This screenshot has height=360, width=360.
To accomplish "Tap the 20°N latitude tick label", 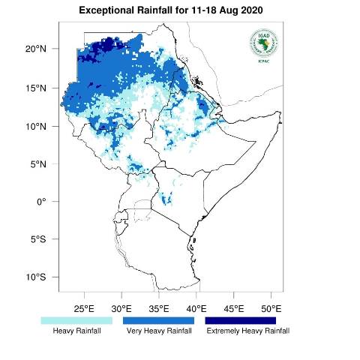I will coord(37,49).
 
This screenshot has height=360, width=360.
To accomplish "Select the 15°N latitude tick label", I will coord(37,88).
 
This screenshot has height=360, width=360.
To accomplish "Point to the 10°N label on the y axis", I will coord(37,126).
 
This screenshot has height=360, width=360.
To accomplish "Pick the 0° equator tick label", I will coord(42,202).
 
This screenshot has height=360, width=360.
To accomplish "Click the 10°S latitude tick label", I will coord(37,277).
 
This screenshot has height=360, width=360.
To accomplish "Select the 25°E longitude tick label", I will coord(84,308).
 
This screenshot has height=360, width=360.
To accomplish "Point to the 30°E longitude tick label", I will coord(121,308).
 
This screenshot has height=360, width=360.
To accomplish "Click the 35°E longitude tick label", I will coord(159,308).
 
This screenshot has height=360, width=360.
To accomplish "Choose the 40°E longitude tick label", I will coord(196,308).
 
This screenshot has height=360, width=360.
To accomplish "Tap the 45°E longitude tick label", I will coord(234,308).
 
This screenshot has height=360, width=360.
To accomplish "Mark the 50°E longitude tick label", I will coord(271,308).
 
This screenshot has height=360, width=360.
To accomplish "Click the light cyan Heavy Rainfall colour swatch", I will coord(76,320).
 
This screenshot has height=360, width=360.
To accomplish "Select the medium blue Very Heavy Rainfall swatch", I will coord(158,320).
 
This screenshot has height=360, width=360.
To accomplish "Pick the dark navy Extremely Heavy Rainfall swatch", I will coord(241,320).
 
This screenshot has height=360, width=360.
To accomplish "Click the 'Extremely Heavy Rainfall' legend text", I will coord(247,331).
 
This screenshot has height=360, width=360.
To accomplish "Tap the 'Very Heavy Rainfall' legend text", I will coord(159,331).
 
